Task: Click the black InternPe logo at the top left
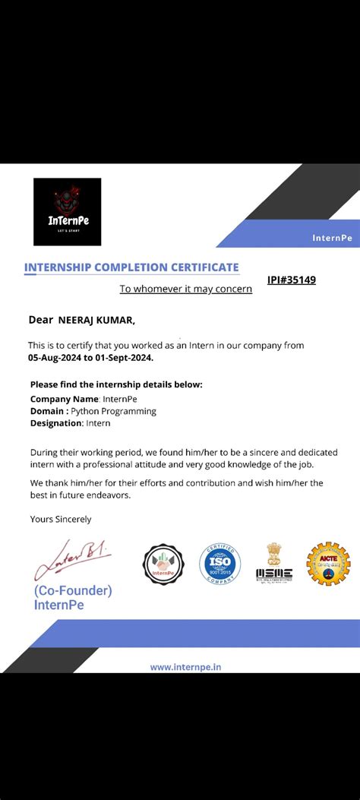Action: (67, 211)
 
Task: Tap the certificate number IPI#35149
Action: (292, 280)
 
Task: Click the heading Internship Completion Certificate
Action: (131, 267)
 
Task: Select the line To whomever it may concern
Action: (186, 289)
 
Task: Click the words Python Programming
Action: (118, 411)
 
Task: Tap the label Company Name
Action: (65, 399)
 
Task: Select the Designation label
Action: (56, 423)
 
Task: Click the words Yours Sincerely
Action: (60, 519)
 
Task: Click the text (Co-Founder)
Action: (73, 591)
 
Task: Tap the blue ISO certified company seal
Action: (219, 564)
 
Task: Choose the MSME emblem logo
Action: (273, 564)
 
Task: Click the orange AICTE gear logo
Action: (328, 564)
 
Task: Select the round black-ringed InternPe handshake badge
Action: (164, 564)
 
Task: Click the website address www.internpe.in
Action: (186, 667)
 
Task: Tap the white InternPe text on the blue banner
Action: (332, 238)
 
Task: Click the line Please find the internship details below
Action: (116, 384)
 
